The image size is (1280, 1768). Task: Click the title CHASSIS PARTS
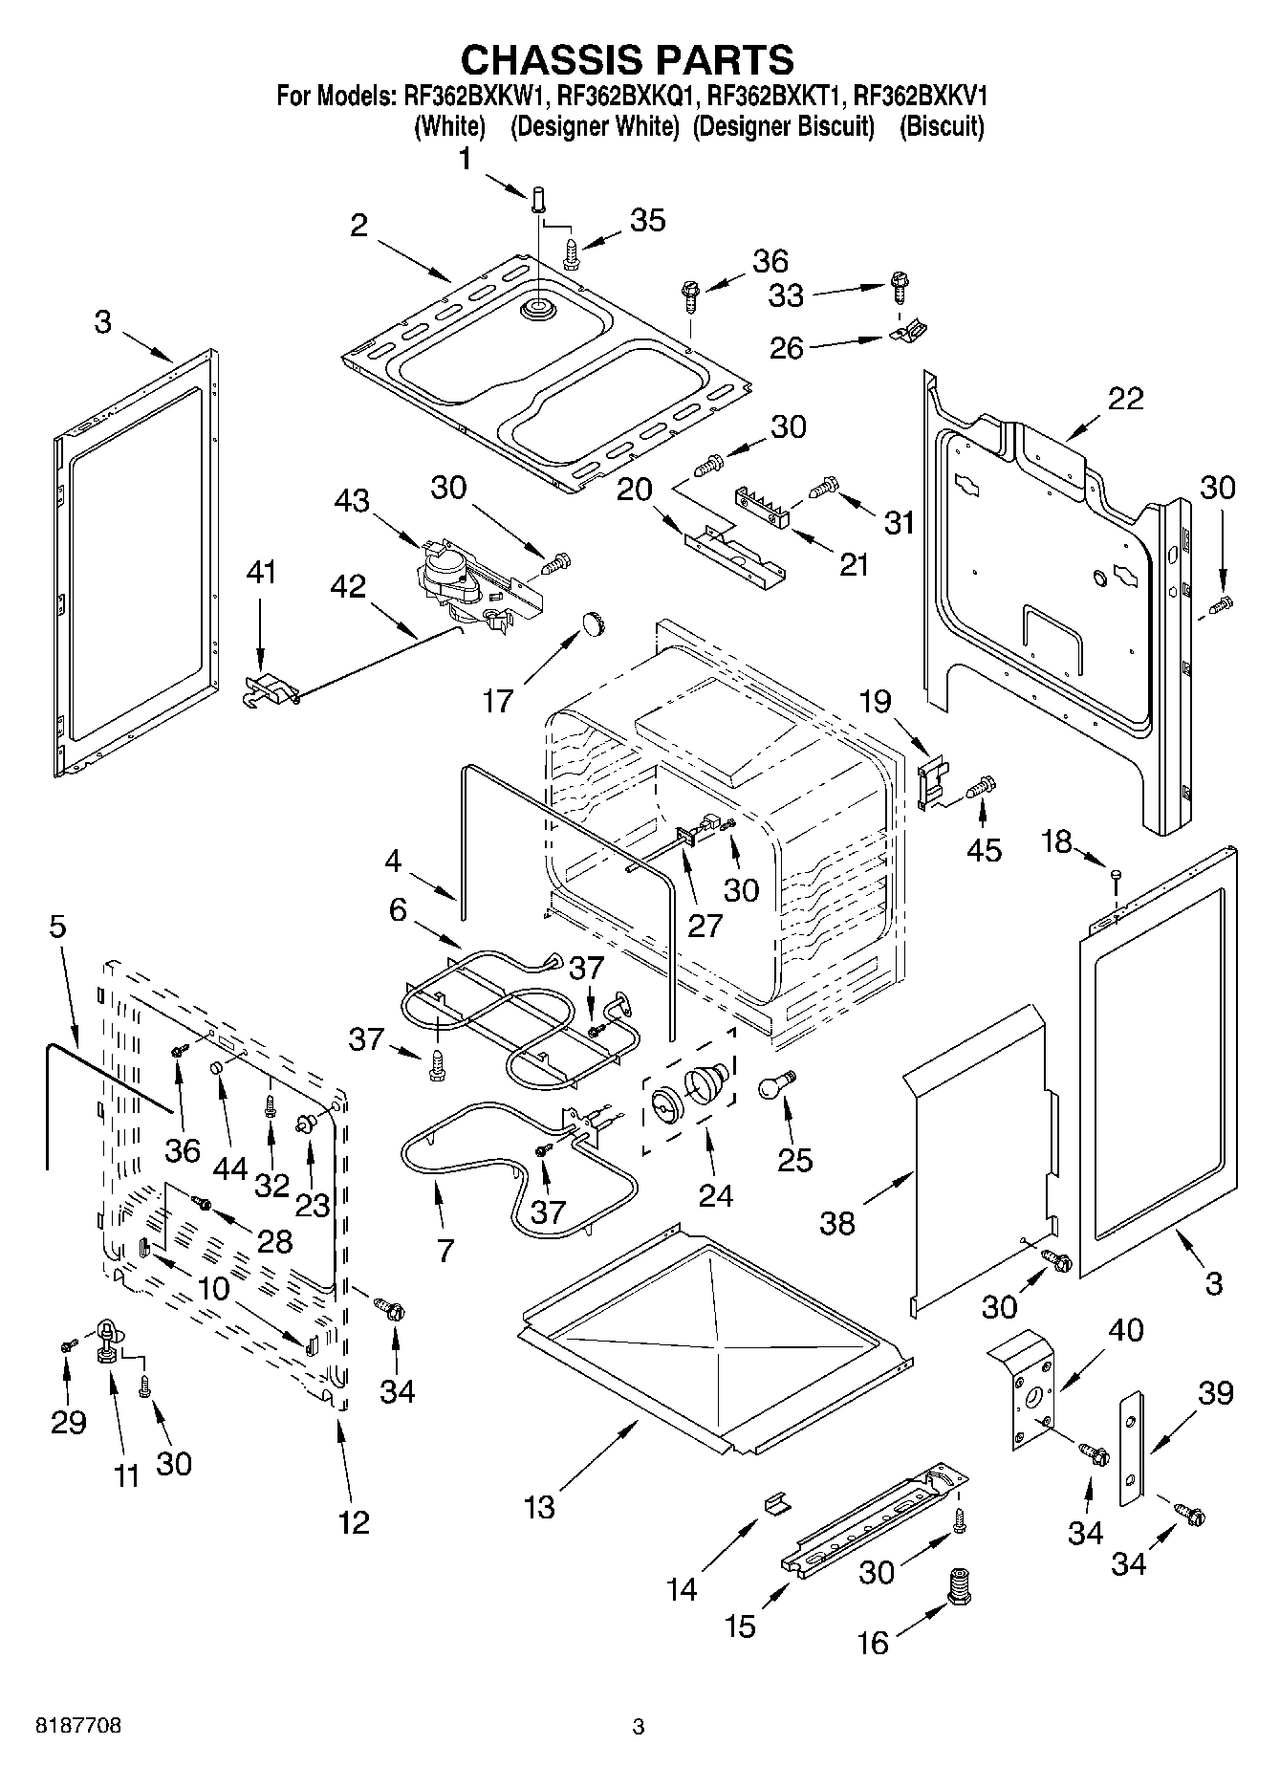tap(627, 59)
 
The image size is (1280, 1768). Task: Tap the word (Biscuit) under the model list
tap(941, 126)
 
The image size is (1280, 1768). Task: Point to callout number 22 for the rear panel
tap(1124, 399)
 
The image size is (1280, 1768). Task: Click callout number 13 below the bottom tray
tap(539, 1508)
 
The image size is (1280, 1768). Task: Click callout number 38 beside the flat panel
tap(837, 1223)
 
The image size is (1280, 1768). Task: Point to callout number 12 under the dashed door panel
tap(353, 1522)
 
